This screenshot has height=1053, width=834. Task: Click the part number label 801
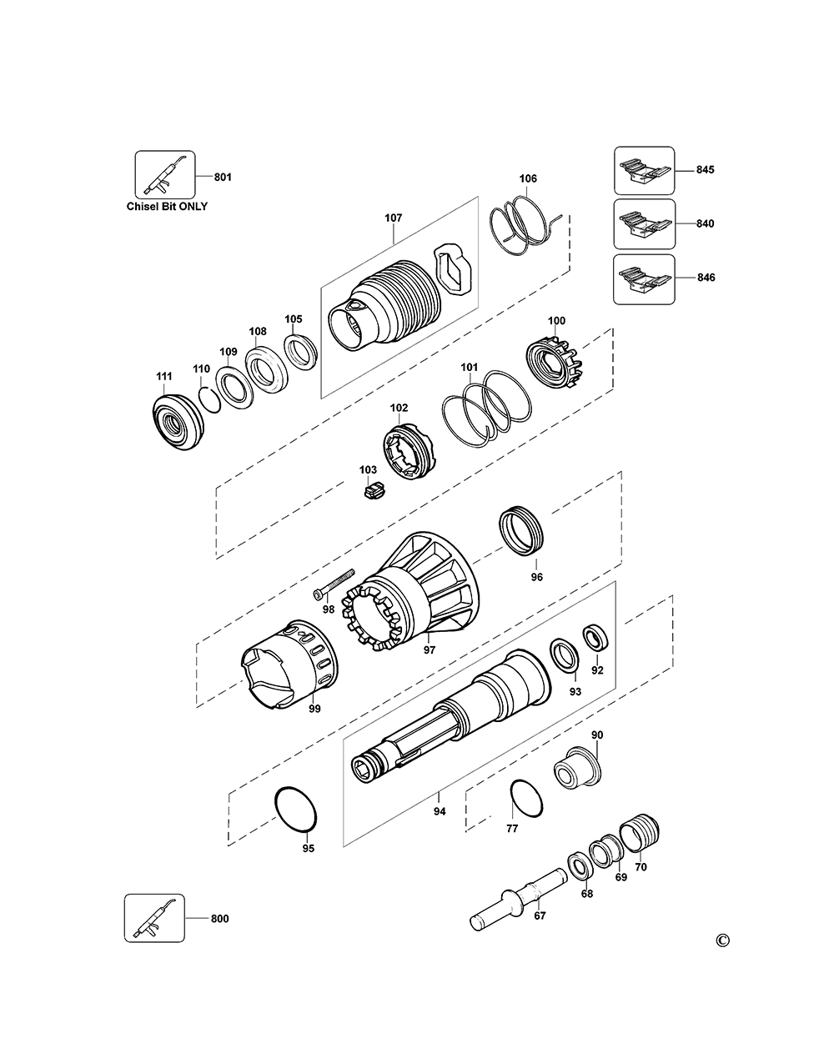224,177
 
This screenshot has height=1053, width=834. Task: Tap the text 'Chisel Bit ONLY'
166,206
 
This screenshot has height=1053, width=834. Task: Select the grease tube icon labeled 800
154,918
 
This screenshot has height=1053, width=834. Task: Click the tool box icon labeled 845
645,170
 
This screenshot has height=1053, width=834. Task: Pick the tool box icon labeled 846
645,278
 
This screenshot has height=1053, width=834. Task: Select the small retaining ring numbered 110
208,398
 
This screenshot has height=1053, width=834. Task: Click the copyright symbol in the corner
722,941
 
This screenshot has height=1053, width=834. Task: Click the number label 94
440,810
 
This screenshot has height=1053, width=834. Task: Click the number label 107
393,218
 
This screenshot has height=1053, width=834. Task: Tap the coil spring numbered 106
523,225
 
